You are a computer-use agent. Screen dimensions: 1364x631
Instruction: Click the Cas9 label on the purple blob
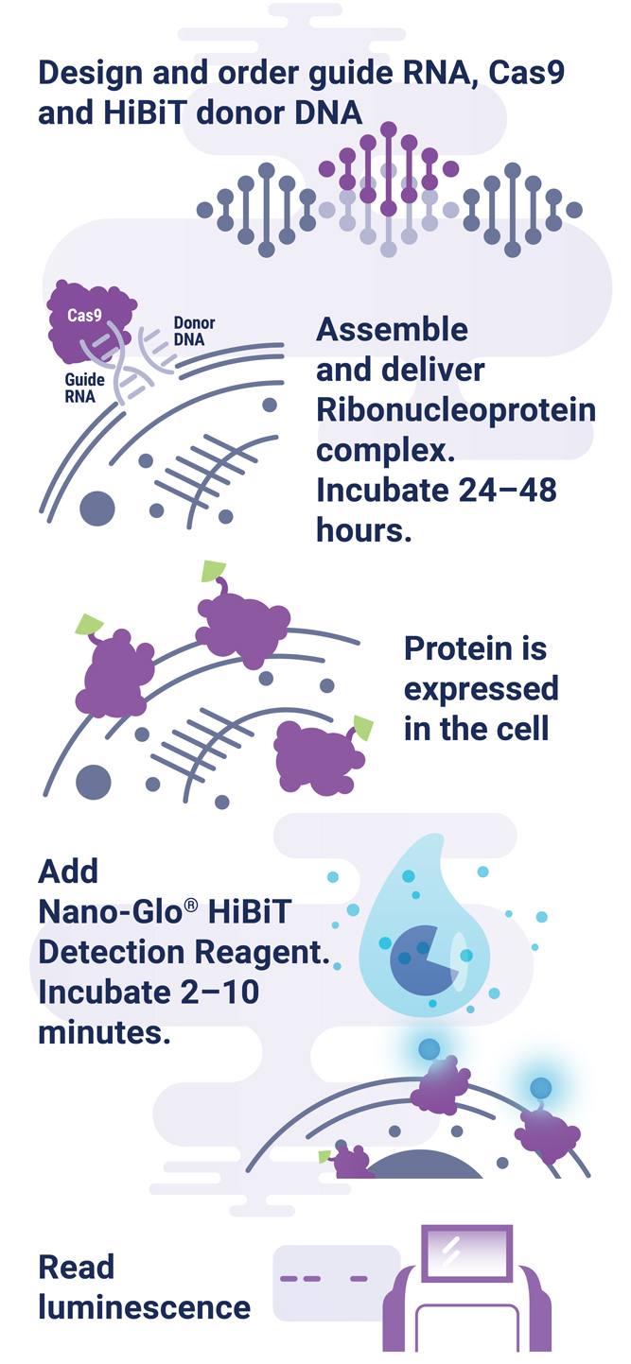84,317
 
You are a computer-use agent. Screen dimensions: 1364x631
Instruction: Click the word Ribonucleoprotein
456,410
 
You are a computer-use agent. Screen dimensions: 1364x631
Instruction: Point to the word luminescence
145,1307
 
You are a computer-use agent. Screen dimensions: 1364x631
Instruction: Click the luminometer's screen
465,1252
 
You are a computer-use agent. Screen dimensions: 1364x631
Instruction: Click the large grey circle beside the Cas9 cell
97,509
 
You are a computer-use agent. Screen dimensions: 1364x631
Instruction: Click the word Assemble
392,329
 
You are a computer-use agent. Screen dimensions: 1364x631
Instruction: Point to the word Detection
114,952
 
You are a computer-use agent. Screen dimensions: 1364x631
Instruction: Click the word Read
77,1267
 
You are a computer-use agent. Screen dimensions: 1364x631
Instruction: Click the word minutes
104,1032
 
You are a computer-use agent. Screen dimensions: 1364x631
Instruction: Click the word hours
364,530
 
